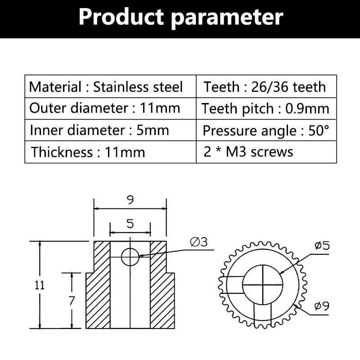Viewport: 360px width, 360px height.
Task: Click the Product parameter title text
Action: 180,17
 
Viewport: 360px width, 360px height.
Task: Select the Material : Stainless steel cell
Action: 106,86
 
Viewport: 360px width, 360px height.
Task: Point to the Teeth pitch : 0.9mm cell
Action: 265,108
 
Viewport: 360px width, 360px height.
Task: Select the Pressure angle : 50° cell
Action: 266,130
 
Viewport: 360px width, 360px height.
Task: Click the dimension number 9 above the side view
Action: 130,200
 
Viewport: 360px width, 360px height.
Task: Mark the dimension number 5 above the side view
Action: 130,224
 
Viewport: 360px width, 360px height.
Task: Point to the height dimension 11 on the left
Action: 40,285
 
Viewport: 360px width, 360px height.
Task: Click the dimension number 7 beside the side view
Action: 71,301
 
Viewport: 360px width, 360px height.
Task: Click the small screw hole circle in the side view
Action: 130,257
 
